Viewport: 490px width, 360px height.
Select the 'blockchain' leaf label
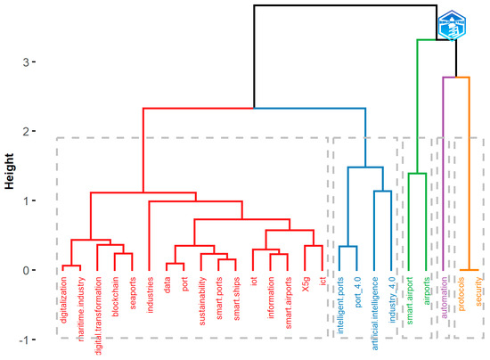pyautogui.click(x=115, y=299)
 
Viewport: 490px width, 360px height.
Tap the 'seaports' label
pyautogui.click(x=133, y=295)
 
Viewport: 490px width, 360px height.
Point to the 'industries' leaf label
pyautogui.click(x=150, y=297)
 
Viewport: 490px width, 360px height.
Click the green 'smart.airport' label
pyautogui.click(x=410, y=302)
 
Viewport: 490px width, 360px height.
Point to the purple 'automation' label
pyautogui.click(x=445, y=299)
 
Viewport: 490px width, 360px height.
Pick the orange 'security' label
pyautogui.click(x=479, y=293)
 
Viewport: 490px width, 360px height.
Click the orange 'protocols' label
pyautogui.click(x=461, y=297)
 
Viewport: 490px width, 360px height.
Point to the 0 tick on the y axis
pyautogui.click(x=29, y=270)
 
